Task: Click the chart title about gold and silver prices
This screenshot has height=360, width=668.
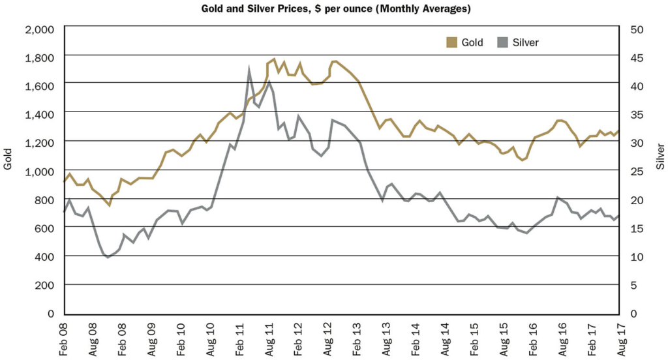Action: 333,8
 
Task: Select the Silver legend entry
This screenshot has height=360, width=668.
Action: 526,42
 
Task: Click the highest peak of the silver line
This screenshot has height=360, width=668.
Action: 249,68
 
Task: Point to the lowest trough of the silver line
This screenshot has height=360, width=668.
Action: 108,258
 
